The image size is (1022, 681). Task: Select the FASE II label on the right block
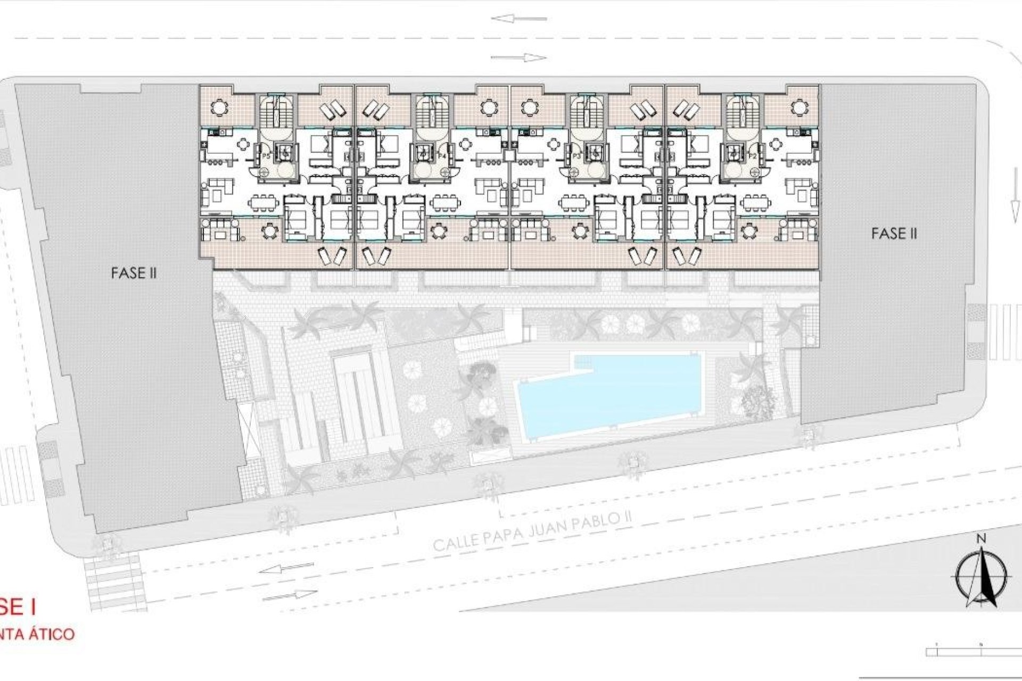pos(894,233)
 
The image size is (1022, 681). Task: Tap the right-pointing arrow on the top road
pos(518,57)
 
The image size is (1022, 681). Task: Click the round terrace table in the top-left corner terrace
pos(218,108)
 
